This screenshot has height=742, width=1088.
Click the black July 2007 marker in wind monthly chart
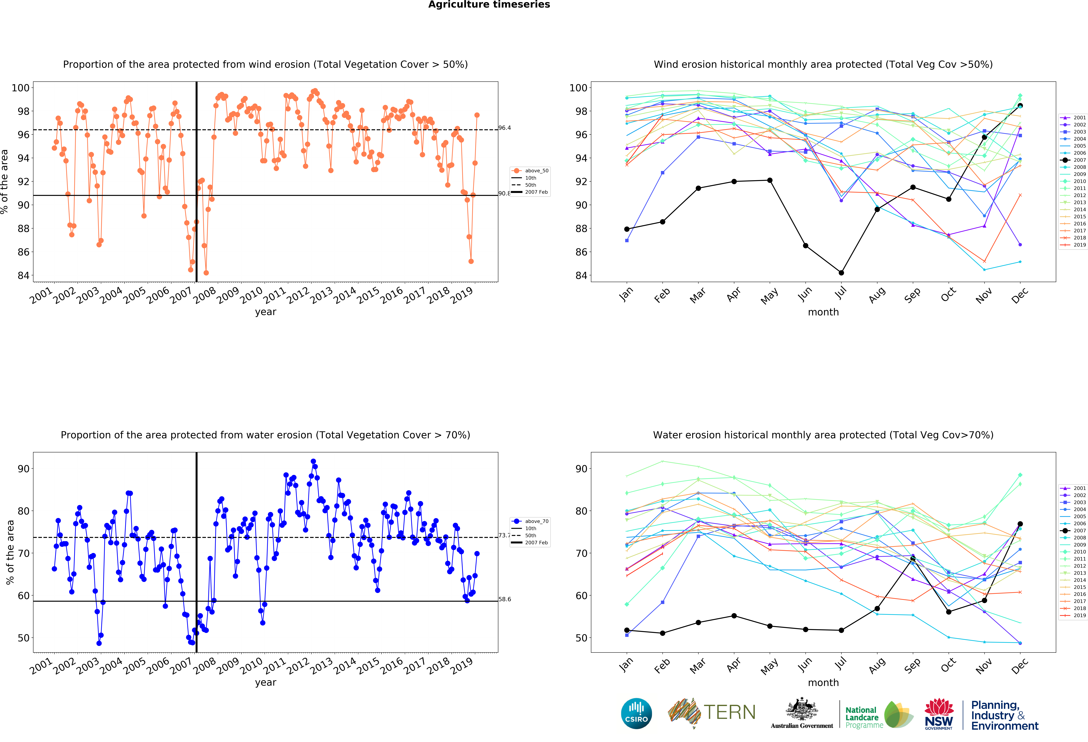click(x=841, y=273)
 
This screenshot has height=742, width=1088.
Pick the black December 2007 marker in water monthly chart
click(x=1020, y=524)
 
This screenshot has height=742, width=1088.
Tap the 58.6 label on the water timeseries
click(x=505, y=599)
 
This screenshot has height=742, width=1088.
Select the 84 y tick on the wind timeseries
click(x=23, y=275)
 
